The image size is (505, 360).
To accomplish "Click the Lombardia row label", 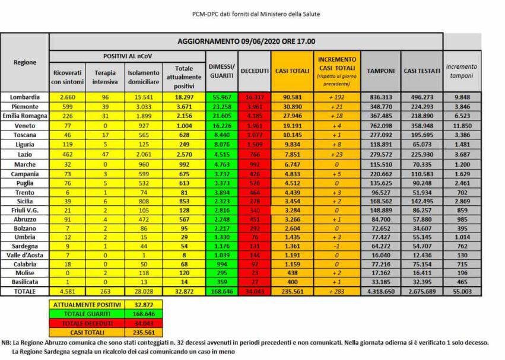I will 25,97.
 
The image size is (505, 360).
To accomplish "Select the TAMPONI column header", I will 380,71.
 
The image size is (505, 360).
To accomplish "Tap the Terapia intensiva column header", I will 104,77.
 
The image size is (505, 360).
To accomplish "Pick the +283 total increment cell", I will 337,292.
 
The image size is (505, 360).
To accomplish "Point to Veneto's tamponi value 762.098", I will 380,126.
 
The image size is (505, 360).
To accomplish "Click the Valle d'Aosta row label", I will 25,254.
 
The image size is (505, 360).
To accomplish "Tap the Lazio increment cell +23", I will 337,155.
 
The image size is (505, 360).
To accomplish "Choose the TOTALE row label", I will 25,292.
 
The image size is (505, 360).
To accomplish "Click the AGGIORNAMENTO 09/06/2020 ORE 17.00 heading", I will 246,42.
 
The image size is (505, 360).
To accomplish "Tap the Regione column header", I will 25,62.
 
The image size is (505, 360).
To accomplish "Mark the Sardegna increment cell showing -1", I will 337,244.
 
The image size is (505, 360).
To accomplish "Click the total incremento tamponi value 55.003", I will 462,292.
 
